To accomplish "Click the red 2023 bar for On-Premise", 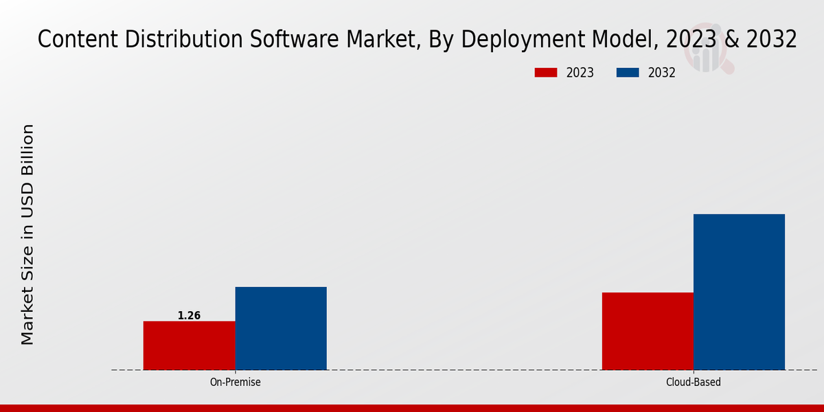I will [189, 345].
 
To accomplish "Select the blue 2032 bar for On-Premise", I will [281, 328].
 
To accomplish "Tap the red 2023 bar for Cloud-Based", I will [648, 331].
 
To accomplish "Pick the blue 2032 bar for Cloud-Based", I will [739, 292].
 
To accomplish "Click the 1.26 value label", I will [189, 316].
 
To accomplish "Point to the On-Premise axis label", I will [235, 382].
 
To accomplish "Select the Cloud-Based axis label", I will [694, 382].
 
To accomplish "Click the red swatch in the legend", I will [546, 73].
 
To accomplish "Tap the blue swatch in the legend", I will [628, 73].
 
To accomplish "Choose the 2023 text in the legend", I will [580, 73].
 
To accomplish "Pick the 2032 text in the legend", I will [662, 73].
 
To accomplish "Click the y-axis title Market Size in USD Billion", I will [27, 234].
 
